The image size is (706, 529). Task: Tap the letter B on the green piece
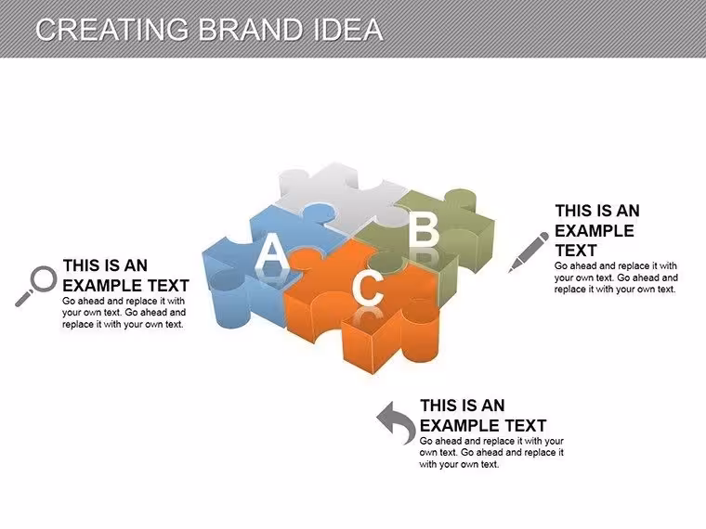(424, 230)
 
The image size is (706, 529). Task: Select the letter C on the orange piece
(368, 289)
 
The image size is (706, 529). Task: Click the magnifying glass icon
(36, 286)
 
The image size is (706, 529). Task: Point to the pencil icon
(529, 252)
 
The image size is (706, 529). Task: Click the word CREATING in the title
(111, 30)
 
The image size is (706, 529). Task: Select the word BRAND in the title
(251, 30)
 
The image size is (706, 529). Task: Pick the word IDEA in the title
(347, 30)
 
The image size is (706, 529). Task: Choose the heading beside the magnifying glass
(125, 276)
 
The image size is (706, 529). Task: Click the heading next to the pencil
(597, 230)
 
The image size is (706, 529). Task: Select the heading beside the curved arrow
(483, 415)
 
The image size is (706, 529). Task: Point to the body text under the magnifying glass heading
(124, 312)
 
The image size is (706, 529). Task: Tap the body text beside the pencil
(616, 277)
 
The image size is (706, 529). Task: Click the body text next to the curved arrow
(491, 453)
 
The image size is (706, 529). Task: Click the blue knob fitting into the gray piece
(319, 213)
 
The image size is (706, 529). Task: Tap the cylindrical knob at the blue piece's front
(229, 297)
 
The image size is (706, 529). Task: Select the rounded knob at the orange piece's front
(420, 329)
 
